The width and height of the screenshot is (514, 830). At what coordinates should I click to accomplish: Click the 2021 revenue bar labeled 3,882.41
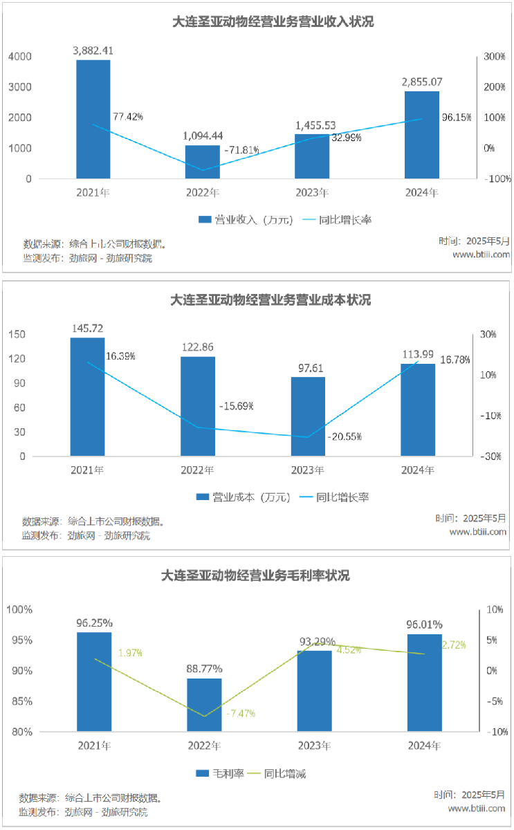(x=93, y=119)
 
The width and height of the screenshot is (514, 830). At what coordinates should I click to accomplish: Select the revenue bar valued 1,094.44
(x=203, y=162)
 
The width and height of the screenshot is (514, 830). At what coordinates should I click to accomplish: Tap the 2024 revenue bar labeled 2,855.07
(x=422, y=135)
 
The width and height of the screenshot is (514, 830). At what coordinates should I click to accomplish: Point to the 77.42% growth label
(x=127, y=117)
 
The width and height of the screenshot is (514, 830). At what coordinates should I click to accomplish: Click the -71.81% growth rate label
(x=241, y=149)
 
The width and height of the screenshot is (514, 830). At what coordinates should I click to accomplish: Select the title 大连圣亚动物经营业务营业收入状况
(x=273, y=21)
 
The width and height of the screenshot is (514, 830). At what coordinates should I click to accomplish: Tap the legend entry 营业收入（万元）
(x=246, y=220)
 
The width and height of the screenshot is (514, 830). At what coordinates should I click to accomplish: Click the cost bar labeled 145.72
(x=87, y=397)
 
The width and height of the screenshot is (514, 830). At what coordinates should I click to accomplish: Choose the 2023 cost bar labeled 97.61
(x=308, y=416)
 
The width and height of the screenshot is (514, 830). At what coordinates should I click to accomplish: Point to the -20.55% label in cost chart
(x=345, y=436)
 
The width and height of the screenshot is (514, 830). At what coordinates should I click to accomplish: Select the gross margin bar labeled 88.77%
(x=204, y=705)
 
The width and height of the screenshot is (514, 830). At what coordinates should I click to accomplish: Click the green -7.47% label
(x=242, y=713)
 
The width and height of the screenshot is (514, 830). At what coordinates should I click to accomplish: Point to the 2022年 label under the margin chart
(x=204, y=746)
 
